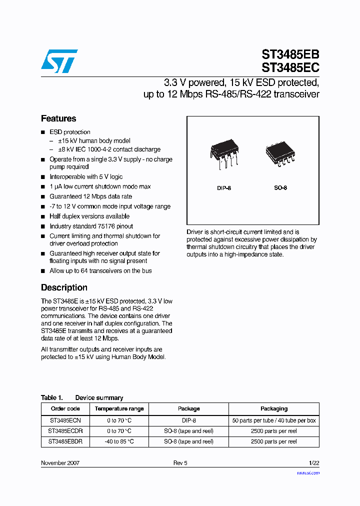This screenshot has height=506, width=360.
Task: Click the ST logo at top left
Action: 59,61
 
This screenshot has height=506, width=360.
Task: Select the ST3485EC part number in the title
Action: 290,67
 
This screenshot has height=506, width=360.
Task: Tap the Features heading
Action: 58,118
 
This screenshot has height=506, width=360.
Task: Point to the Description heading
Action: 64,287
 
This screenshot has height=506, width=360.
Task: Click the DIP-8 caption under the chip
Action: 224,188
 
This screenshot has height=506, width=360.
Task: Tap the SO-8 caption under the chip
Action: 280,188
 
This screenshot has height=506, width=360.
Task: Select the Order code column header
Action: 65,408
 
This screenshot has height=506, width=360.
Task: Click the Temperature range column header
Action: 119,408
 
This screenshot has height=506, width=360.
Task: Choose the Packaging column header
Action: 274,408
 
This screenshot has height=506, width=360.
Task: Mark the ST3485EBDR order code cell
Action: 65,441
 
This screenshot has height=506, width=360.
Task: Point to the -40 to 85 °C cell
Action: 119,441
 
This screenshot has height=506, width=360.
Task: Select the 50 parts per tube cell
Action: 274,420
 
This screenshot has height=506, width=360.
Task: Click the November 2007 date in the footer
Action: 60,463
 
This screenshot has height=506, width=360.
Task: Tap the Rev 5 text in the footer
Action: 180,463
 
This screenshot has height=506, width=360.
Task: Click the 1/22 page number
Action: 313,463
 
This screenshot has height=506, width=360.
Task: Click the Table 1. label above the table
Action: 51,397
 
